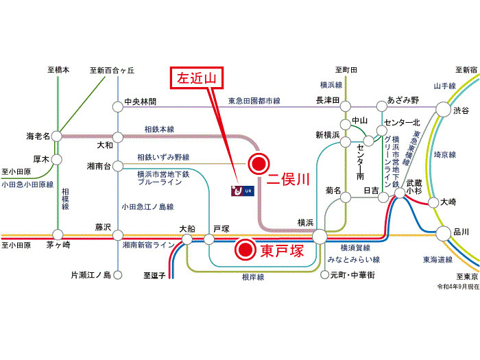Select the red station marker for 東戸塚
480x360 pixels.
pyautogui.click(x=244, y=251)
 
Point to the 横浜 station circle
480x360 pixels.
pyautogui.click(x=320, y=237)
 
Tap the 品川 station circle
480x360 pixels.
pyautogui.click(x=442, y=232)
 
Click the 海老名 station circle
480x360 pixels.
pyautogui.click(x=58, y=135)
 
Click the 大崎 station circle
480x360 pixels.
pyautogui.click(x=431, y=203)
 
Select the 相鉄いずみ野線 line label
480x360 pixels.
pyautogui.click(x=160, y=157)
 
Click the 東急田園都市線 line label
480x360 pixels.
pyautogui.click(x=254, y=101)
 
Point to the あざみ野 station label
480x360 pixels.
pyautogui.click(x=403, y=100)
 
